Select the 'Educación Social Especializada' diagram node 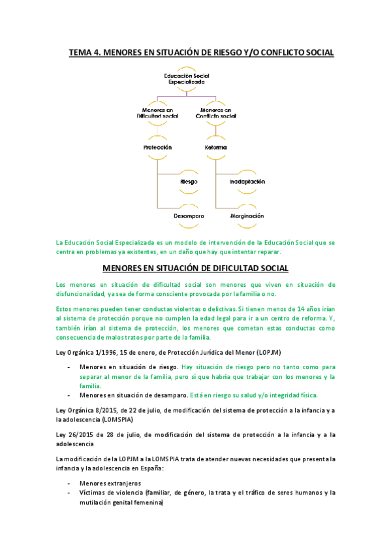click(x=186, y=80)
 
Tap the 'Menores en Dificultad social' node click(x=157, y=113)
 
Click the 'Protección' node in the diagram click(x=157, y=148)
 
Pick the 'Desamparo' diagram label click(x=189, y=216)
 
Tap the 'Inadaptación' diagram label click(x=247, y=181)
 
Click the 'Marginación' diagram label click(x=247, y=216)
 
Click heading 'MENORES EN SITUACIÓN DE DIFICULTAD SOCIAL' click(x=195, y=268)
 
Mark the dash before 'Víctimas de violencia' click(x=69, y=493)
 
